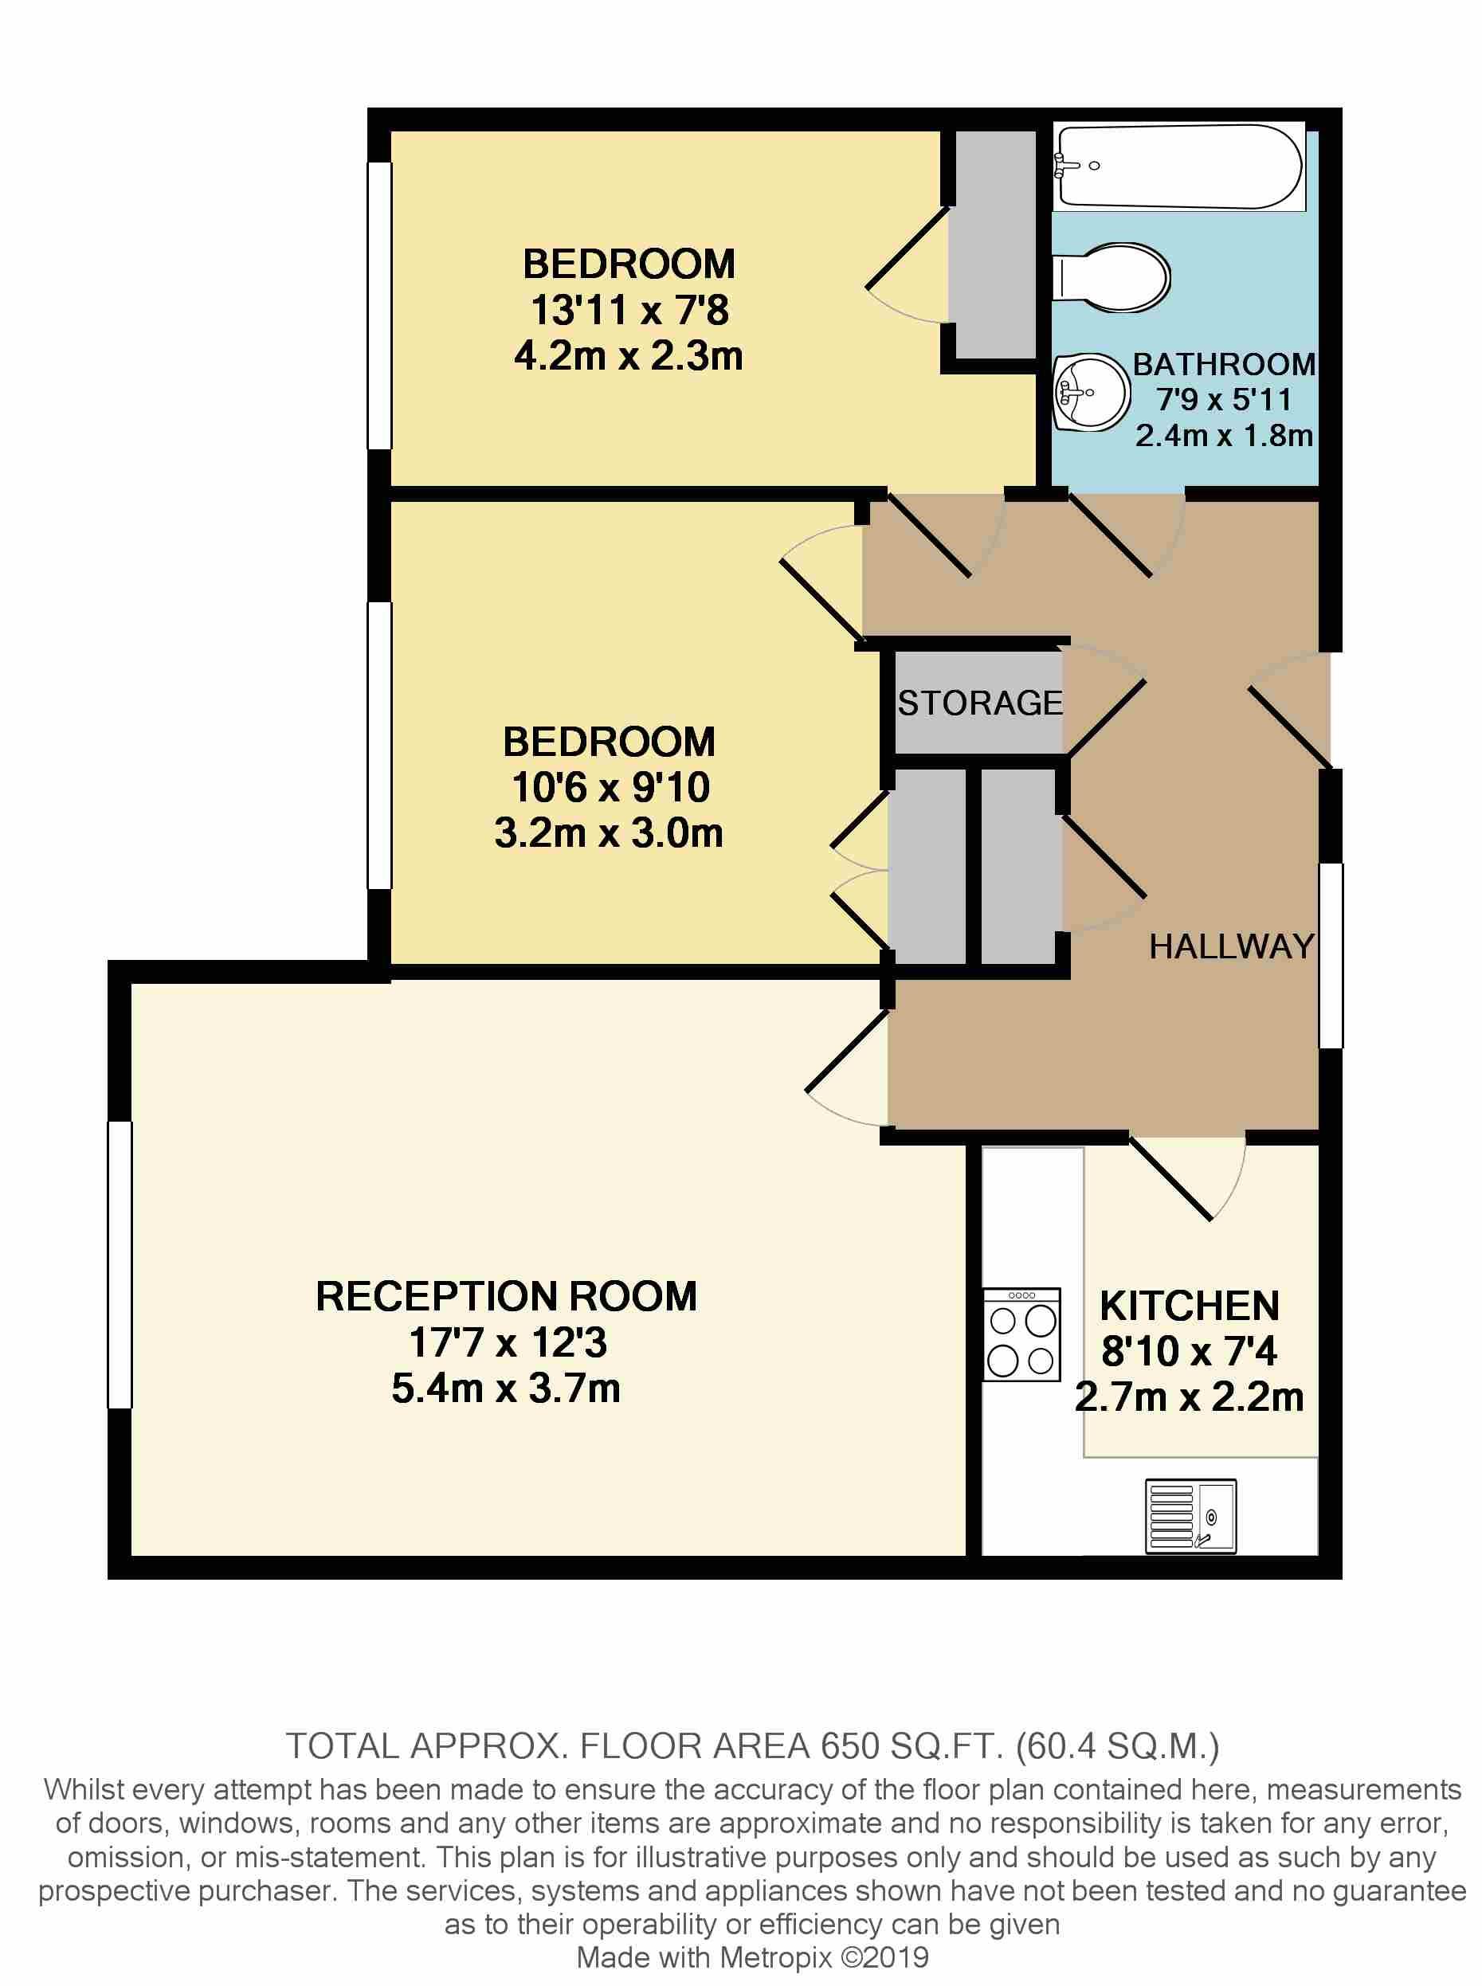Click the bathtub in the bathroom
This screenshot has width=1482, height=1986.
point(1178,166)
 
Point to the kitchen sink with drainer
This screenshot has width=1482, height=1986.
point(1190,1516)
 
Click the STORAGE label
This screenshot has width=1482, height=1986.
point(979,703)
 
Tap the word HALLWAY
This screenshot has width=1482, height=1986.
point(1231,946)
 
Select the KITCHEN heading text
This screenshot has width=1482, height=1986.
point(1189,1306)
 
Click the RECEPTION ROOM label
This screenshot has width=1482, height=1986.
point(506,1296)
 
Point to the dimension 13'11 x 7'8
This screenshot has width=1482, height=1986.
point(629,311)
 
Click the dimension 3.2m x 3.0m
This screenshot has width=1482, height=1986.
point(608,833)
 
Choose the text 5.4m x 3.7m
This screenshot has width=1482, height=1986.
point(506,1389)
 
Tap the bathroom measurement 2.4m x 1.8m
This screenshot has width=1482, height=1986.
point(1224,436)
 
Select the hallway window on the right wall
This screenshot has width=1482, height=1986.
point(1331,955)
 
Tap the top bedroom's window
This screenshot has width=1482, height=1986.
point(379,305)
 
